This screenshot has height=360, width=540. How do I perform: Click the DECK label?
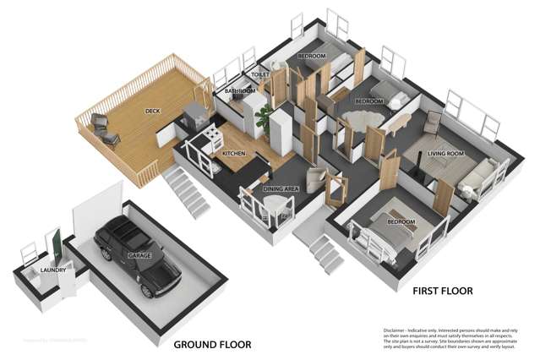[x=153, y=111]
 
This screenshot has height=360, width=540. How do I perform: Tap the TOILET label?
[x=260, y=74]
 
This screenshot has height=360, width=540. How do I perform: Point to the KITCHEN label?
[x=233, y=154]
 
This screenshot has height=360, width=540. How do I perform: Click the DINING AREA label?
[x=281, y=189]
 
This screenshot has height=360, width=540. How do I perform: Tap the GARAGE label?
[x=139, y=254]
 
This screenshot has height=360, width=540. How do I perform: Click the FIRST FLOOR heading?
[x=442, y=291]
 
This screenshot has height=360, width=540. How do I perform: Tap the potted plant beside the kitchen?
[x=265, y=117]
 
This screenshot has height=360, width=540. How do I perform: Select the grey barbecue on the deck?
[x=195, y=112]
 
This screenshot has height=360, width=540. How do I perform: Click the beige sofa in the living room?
[x=478, y=177]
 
